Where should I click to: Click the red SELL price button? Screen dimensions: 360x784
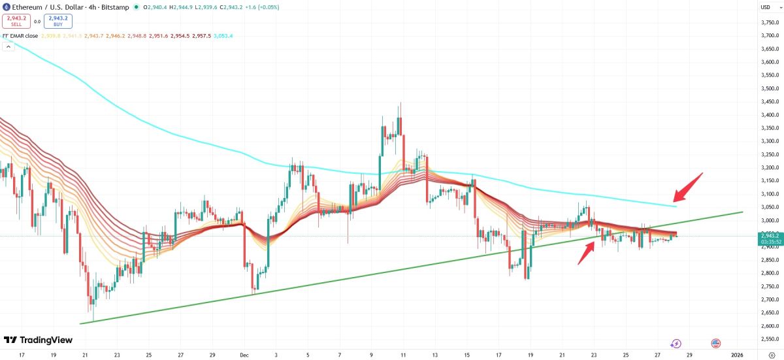pos(16,21)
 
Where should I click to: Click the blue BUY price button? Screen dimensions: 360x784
pos(58,21)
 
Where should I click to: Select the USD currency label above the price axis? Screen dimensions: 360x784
pos(765,7)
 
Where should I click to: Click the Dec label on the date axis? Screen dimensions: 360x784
pos(243,355)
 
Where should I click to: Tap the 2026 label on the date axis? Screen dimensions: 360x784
pos(737,355)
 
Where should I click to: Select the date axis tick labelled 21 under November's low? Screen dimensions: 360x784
pos(86,355)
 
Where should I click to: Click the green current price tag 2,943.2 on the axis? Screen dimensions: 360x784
pos(769,238)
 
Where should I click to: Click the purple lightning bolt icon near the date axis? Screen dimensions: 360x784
pos(676,343)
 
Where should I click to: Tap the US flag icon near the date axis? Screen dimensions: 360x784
pos(715,343)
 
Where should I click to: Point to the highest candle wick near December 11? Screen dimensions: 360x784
pos(400,103)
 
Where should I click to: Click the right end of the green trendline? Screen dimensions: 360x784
pos(742,212)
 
